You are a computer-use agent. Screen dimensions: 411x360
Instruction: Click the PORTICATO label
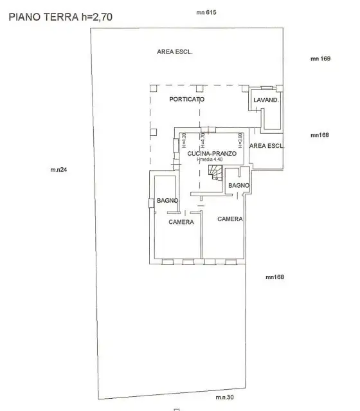pyautogui.click(x=187, y=100)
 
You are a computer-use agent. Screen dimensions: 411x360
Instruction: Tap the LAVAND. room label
pyautogui.click(x=266, y=100)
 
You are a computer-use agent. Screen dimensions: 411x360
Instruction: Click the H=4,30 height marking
pyautogui.click(x=183, y=140)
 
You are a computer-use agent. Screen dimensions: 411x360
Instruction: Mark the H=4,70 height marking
pyautogui.click(x=202, y=140)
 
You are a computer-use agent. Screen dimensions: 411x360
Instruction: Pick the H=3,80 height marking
pyautogui.click(x=239, y=140)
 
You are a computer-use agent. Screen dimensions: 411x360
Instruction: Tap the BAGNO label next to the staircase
pyautogui.click(x=239, y=186)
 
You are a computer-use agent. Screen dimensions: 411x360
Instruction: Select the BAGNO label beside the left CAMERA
pyautogui.click(x=167, y=201)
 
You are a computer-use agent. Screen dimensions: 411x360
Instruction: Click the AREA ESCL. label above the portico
pyautogui.click(x=175, y=51)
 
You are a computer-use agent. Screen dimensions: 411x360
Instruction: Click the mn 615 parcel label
pyautogui.click(x=206, y=13)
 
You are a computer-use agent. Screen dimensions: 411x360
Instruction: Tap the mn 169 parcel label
pyautogui.click(x=320, y=59)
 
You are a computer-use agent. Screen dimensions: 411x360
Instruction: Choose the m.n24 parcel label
pyautogui.click(x=59, y=170)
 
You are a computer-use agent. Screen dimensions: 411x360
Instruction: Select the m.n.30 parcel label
pyautogui.click(x=224, y=398)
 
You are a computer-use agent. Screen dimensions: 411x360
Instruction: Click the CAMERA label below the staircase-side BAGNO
pyautogui.click(x=230, y=219)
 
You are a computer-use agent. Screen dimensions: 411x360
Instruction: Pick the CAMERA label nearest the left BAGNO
pyautogui.click(x=181, y=223)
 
